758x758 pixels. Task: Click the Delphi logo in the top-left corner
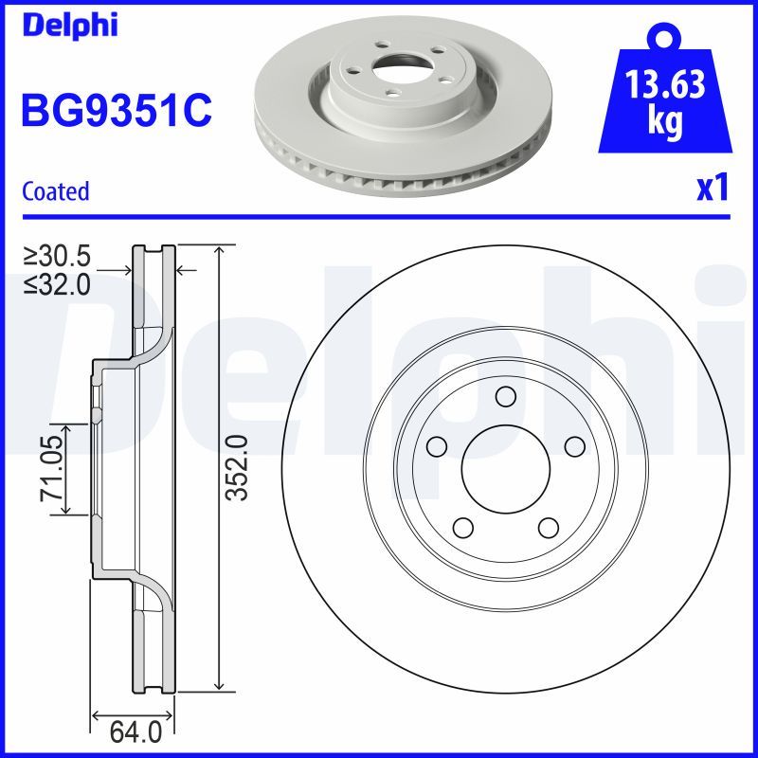tap(69, 26)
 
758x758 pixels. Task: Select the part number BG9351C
tap(116, 113)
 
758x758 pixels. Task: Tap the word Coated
tap(55, 191)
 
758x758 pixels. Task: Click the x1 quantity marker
tap(713, 189)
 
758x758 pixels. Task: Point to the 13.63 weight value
tap(664, 86)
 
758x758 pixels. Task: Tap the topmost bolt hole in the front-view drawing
tap(505, 396)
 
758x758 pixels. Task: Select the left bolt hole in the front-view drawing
tap(436, 445)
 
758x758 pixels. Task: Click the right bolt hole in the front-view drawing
tap(574, 445)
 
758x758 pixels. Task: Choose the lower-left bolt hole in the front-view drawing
tap(462, 527)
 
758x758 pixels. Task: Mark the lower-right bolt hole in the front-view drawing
tap(548, 527)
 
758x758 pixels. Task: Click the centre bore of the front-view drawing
tap(505, 469)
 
